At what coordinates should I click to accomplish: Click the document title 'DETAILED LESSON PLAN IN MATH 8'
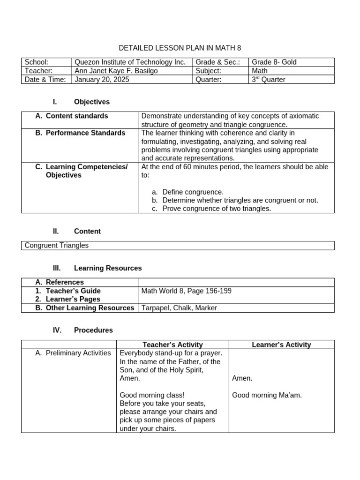tap(180, 48)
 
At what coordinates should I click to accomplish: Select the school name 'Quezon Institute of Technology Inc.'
tap(130, 62)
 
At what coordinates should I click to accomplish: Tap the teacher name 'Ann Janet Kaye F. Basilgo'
tap(117, 71)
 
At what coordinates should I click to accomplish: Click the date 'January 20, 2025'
tap(102, 80)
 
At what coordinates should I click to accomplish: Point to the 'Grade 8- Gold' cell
tap(274, 62)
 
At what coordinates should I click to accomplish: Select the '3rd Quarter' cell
tap(269, 80)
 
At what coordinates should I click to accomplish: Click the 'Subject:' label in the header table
tap(209, 71)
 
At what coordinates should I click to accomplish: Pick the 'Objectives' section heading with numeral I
tap(91, 102)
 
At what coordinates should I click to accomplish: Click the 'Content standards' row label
tap(76, 116)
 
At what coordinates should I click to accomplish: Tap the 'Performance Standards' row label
tap(85, 133)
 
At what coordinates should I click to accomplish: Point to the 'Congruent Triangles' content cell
tap(56, 245)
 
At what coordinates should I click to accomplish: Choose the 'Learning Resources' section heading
tap(107, 268)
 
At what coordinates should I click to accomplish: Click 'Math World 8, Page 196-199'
tap(186, 291)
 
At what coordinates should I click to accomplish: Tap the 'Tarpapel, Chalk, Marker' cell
tap(179, 308)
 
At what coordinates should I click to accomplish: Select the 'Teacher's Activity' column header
tap(172, 345)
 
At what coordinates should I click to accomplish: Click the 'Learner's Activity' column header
tap(281, 345)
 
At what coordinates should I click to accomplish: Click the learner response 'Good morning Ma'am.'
tap(267, 395)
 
